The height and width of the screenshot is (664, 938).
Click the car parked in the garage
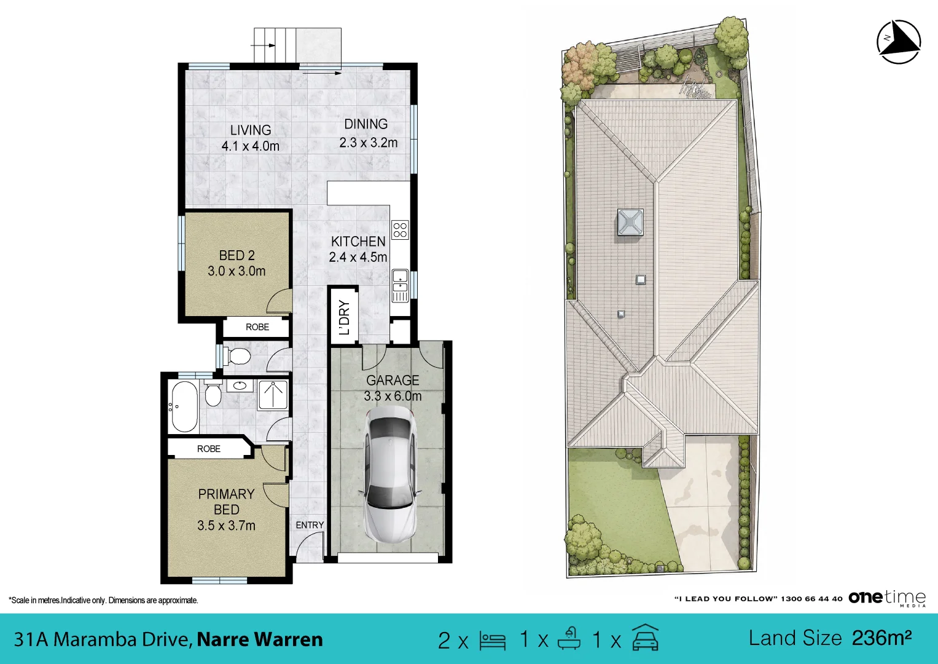point(390,476)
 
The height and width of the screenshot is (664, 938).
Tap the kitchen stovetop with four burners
point(400,230)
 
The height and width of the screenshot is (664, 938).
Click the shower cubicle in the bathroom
point(273,395)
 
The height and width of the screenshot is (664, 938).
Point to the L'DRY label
point(344,317)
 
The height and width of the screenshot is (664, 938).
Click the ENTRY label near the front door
point(310,525)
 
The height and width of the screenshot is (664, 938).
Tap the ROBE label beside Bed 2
point(257,327)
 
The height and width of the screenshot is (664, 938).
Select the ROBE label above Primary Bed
point(208,449)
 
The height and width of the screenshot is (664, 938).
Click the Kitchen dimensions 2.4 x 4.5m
point(358,257)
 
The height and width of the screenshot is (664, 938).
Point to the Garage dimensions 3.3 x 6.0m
point(393,396)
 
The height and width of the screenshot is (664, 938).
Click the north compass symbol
point(899,42)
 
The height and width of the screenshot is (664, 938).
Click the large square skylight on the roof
point(630,222)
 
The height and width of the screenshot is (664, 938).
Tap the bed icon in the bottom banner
point(493,641)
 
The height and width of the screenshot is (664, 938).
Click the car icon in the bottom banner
point(645,638)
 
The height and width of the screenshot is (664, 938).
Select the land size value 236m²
point(882,638)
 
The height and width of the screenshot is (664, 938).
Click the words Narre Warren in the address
point(260,639)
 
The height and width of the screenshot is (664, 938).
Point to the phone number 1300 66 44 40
point(811,599)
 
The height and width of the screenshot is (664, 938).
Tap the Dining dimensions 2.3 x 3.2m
point(369,143)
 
